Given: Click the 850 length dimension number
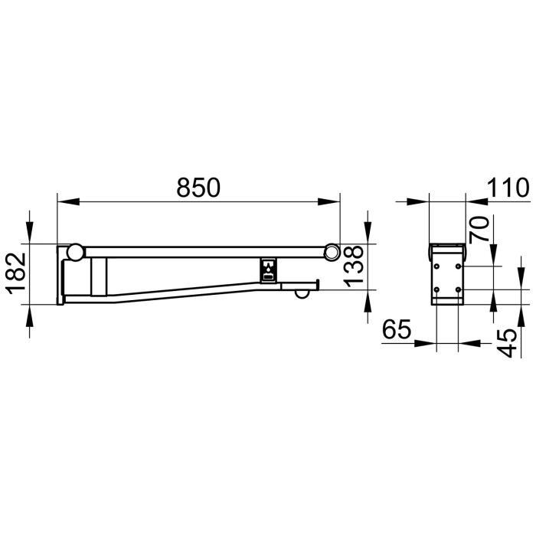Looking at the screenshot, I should (x=198, y=187).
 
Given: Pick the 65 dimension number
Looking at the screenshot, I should (x=396, y=331).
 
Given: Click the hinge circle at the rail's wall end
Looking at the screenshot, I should (x=75, y=251).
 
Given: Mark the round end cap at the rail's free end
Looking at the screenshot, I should (x=332, y=251).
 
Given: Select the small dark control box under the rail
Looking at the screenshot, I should (x=270, y=269).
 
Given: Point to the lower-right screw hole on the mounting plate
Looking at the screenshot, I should (x=458, y=289).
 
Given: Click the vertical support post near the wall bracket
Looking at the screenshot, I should (x=100, y=276).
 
